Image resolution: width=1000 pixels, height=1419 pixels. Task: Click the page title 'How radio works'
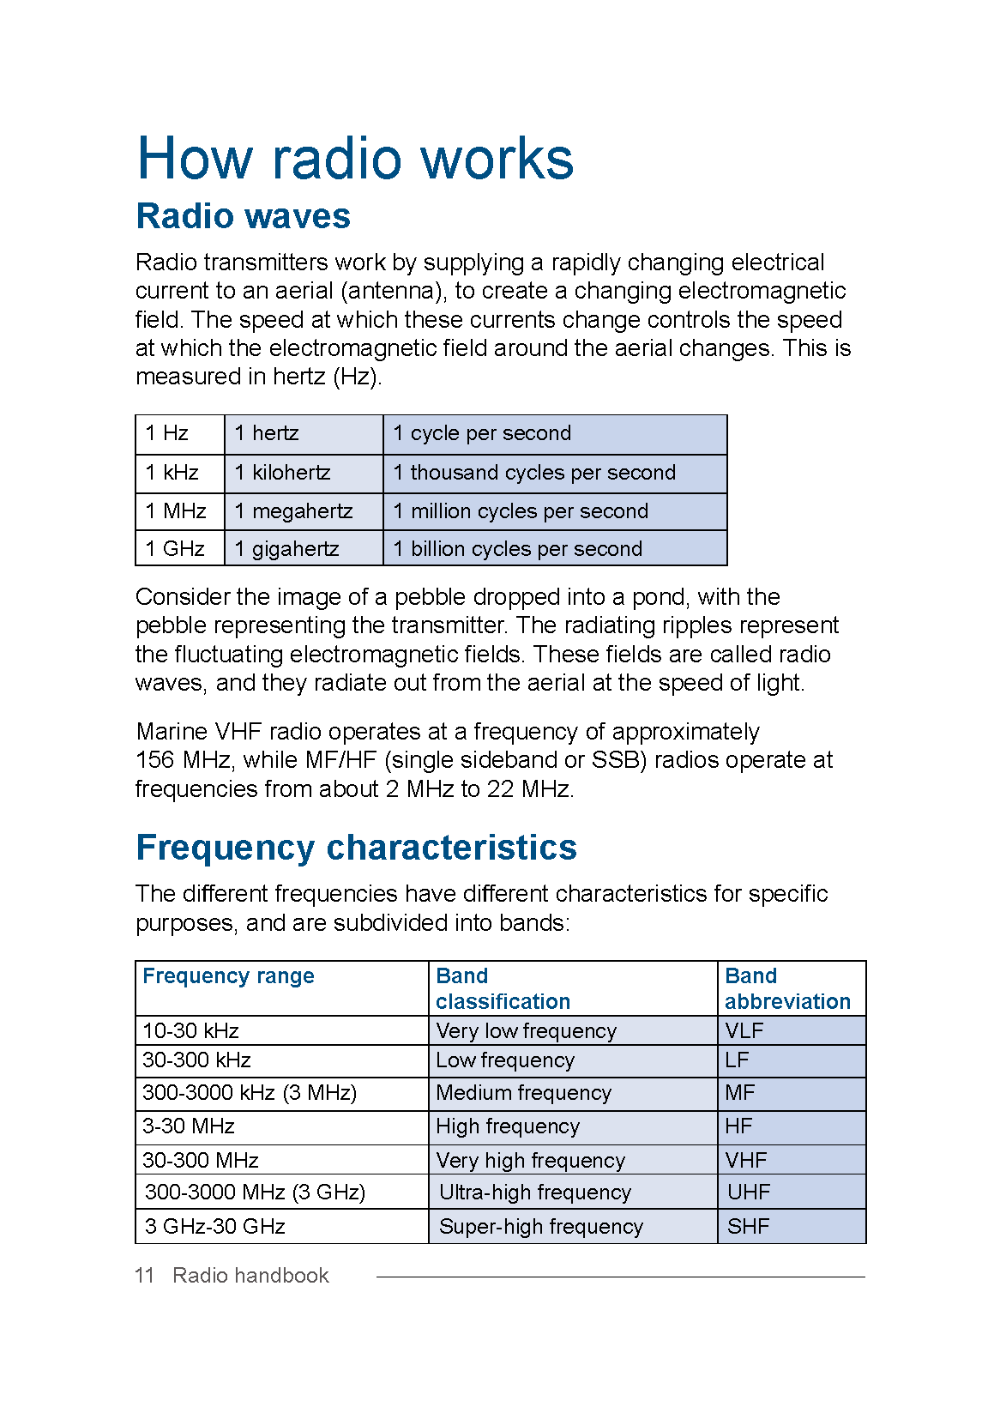pos(355,159)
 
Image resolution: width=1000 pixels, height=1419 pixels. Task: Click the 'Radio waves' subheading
pos(244,216)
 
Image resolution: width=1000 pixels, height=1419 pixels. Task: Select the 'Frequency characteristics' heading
pos(356,848)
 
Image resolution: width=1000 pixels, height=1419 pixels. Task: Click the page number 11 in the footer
pos(144,1276)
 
